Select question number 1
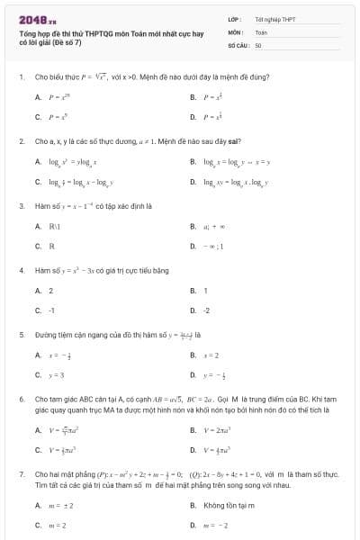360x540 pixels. click(21, 77)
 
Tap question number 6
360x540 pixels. click(21, 397)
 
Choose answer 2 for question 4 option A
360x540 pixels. click(51, 291)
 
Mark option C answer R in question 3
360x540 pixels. click(51, 246)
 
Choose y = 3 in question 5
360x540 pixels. click(58, 373)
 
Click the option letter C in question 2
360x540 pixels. click(38, 181)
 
